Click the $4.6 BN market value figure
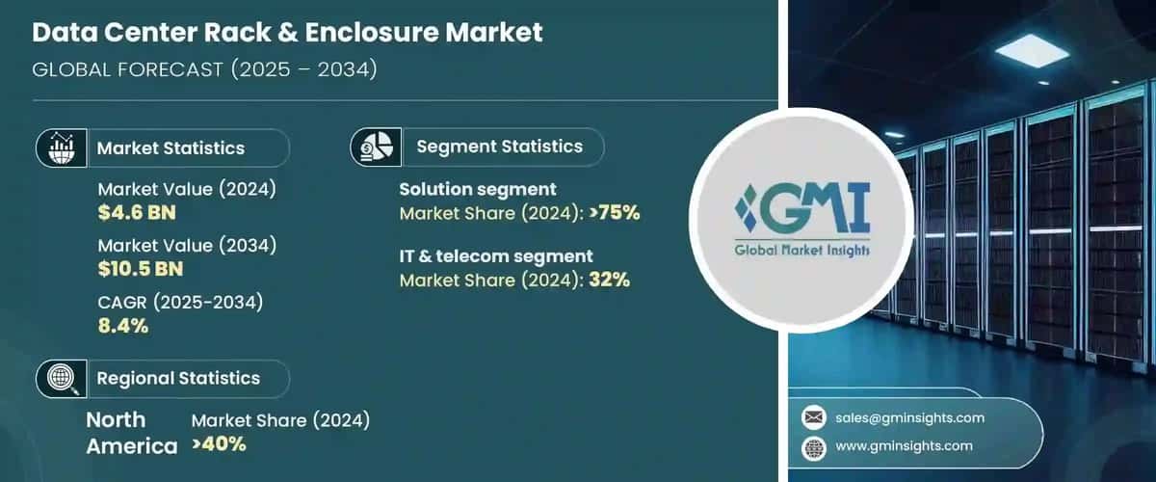[137, 213]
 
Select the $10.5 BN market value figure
[141, 269]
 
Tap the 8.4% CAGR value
[123, 326]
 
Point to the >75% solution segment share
[615, 213]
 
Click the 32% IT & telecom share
[610, 280]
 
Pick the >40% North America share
[219, 444]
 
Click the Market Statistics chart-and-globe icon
[62, 148]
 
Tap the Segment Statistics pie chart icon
[377, 147]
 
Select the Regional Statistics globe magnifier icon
[63, 379]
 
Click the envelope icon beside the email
[814, 417]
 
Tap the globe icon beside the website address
[814, 448]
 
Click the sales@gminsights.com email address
[909, 417]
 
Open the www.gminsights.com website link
[904, 445]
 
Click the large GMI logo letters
[803, 207]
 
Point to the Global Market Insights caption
[801, 251]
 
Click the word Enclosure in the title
[371, 32]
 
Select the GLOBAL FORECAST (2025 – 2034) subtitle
[204, 69]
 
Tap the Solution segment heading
[478, 190]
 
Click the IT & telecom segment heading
[496, 256]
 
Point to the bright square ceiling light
[1032, 51]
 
